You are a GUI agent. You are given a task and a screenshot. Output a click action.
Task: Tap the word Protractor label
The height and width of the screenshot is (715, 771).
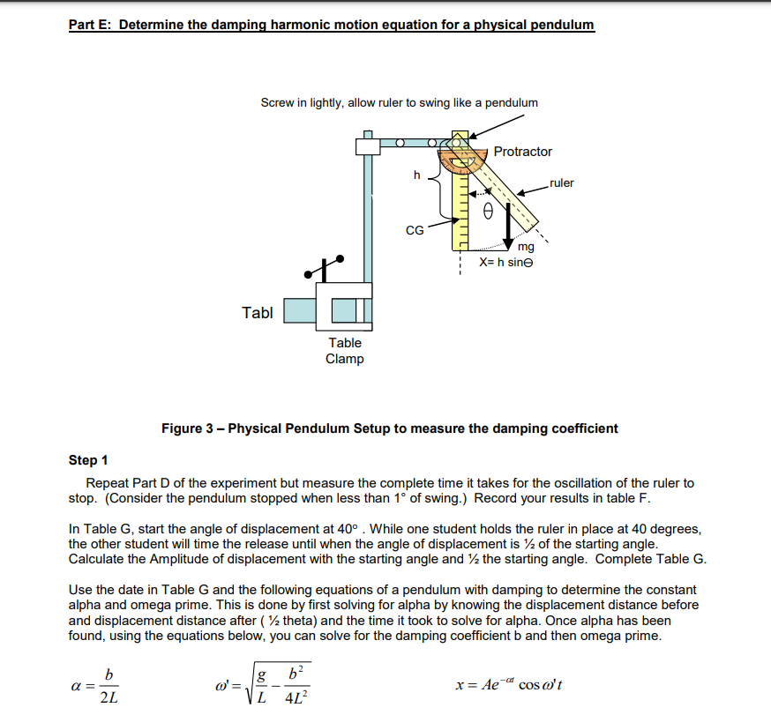522,152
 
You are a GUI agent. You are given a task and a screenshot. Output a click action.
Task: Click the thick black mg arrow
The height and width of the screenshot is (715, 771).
510,230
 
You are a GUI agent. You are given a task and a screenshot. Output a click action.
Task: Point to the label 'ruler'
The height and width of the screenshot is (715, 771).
561,183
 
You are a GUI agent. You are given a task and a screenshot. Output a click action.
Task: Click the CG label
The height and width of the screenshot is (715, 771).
415,231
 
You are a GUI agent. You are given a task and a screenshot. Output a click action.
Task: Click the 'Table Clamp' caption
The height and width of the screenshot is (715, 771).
345,350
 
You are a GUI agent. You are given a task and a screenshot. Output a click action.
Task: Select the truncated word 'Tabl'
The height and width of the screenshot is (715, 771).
257,312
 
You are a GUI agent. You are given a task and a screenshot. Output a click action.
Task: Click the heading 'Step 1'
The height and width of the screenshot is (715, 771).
88,460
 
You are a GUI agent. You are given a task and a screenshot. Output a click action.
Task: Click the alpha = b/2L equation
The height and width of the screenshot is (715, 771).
99,684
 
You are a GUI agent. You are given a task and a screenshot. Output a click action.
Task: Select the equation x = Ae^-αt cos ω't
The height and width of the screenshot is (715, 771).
520,685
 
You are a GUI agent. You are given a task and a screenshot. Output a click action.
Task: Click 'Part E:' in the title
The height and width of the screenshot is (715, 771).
91,25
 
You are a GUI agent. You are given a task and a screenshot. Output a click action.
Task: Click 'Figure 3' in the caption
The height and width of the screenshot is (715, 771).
186,428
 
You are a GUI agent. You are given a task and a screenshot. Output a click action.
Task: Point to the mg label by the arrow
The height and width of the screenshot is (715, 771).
526,248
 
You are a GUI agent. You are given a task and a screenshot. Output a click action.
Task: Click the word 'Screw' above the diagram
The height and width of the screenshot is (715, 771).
277,102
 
